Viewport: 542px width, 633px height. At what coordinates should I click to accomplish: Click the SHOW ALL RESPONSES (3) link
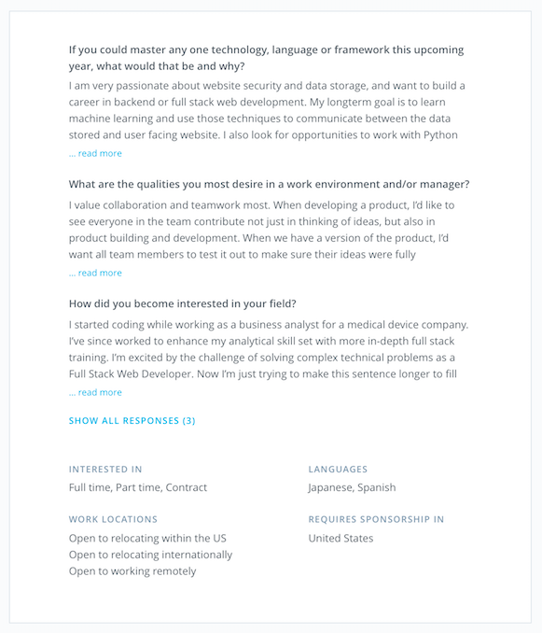(x=132, y=421)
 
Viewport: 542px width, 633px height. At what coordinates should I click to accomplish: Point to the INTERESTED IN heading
(x=105, y=469)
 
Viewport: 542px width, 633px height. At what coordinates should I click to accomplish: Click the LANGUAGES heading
(x=338, y=469)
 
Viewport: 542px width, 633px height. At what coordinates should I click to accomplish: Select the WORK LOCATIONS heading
(x=113, y=519)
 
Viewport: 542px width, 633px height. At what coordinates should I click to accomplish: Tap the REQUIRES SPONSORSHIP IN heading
(x=376, y=519)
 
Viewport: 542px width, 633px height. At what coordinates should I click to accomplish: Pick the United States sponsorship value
(x=340, y=538)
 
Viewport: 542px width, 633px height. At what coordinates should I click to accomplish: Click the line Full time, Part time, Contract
(x=138, y=487)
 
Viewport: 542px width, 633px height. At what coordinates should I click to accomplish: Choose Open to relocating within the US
(x=147, y=538)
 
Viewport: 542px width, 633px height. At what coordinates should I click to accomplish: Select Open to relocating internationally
(x=150, y=555)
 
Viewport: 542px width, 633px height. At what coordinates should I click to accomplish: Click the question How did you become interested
(x=183, y=303)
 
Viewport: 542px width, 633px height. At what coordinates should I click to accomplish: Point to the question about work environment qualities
(x=269, y=184)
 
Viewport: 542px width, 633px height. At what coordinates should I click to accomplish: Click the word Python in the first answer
(x=439, y=134)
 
